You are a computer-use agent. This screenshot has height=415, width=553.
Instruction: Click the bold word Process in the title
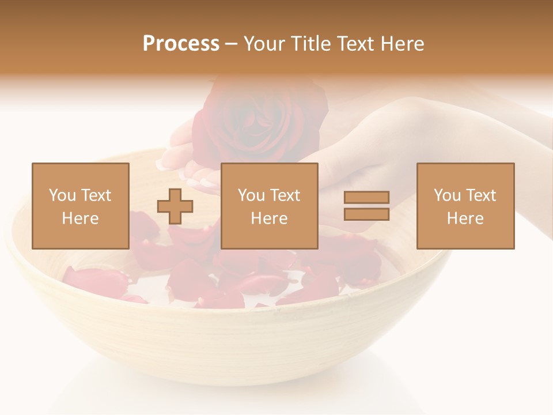click(181, 44)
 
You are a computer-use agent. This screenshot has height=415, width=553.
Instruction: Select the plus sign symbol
click(175, 206)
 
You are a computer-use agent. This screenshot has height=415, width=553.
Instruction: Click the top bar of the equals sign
click(366, 197)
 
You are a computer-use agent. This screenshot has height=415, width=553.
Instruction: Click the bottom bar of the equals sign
click(366, 214)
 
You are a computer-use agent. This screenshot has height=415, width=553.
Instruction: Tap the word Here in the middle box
click(269, 218)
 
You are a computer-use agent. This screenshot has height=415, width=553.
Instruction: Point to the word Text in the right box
click(480, 195)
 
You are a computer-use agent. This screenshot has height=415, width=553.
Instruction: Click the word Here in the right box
click(465, 218)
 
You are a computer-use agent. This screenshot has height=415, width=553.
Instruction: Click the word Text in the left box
click(96, 195)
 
